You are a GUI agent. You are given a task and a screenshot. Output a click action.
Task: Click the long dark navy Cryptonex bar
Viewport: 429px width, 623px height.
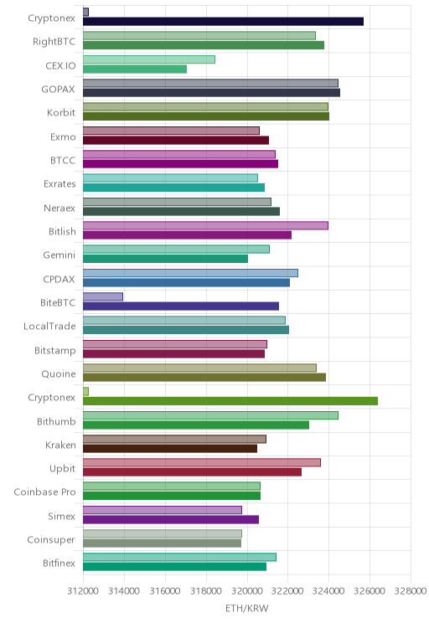(223, 22)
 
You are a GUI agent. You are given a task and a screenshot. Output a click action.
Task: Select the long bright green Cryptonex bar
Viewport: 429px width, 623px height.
(230, 401)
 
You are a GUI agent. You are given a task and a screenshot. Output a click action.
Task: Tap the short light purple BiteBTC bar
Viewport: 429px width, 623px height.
(103, 296)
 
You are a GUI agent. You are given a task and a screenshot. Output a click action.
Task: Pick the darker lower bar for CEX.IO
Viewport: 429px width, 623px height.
(135, 70)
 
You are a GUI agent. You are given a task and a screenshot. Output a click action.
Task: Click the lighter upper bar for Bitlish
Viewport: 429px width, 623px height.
(205, 225)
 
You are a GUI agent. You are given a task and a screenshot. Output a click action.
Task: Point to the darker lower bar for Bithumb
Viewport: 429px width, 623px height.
(196, 425)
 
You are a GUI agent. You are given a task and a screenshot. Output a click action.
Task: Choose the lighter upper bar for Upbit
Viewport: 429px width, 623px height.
(202, 462)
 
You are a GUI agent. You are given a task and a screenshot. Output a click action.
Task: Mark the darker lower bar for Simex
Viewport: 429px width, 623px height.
(171, 519)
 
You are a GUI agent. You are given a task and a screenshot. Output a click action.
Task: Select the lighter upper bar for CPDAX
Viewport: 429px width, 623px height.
(190, 273)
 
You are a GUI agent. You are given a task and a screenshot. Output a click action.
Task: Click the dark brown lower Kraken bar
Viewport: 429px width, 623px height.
(170, 449)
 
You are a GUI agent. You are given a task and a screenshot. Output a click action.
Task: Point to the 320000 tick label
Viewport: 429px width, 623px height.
(247, 591)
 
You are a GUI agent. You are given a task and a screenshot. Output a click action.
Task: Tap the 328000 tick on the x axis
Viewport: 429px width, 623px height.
(411, 591)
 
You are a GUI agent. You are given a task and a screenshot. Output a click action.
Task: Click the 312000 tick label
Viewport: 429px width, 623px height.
(83, 591)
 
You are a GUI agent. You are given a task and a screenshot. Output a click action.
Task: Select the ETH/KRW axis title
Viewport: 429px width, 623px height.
(247, 608)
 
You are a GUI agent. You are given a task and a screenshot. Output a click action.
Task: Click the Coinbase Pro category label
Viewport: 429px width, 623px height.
(44, 492)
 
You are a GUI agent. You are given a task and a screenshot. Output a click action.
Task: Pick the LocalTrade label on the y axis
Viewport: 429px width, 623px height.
(49, 327)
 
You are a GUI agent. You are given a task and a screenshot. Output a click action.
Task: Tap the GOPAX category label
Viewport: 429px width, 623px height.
(58, 89)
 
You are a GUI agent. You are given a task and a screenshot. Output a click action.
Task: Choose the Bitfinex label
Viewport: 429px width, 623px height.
(59, 563)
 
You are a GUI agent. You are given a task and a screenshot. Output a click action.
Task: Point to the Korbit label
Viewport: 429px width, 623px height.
(61, 112)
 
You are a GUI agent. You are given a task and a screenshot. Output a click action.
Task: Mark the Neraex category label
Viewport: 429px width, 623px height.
(59, 208)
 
